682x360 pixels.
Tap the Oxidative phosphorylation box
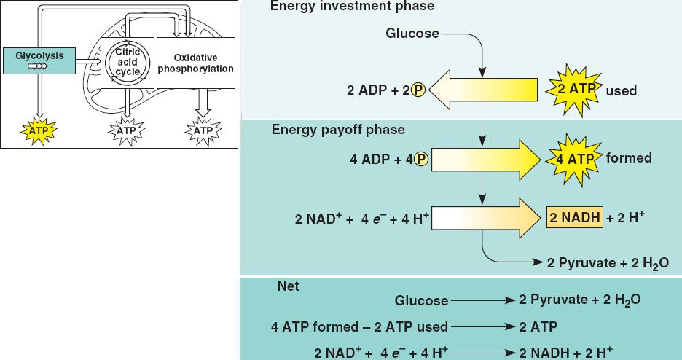tap(195, 63)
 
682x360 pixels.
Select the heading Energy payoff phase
tap(337, 130)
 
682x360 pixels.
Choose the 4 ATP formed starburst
tap(575, 158)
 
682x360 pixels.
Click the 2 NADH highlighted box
tap(575, 218)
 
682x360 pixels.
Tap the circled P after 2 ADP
tap(418, 91)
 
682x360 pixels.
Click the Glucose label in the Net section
tap(422, 300)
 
